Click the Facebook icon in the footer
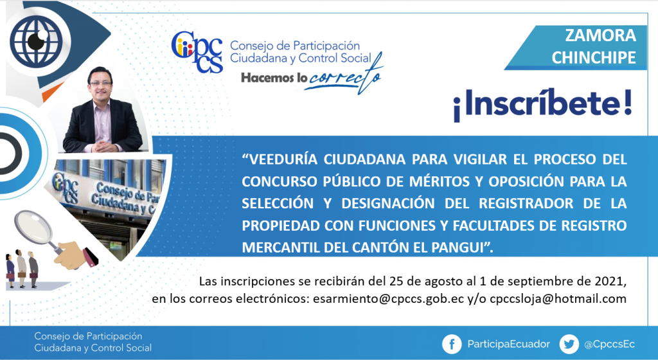tap(452, 345)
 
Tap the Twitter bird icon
tap(569, 345)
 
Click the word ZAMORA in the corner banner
tap(601, 35)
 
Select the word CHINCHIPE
tap(594, 57)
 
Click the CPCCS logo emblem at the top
tap(197, 51)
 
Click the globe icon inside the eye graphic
tap(37, 41)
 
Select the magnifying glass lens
tap(33, 226)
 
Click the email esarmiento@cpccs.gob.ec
tap(388, 299)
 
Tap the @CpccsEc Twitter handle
tap(609, 345)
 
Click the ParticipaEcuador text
tap(509, 345)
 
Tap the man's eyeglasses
tap(101, 84)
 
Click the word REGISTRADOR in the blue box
tap(526, 204)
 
